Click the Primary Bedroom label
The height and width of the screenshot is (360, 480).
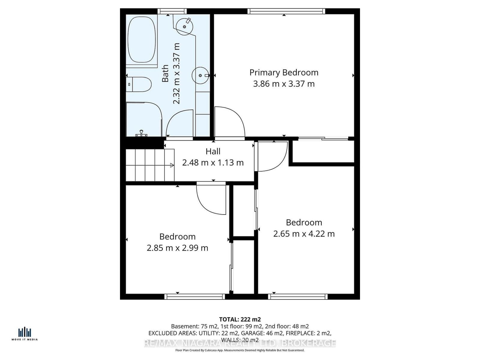coord(284,73)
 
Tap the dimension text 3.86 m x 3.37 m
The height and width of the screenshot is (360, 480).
coord(284,84)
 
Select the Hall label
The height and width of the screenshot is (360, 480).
coord(213,151)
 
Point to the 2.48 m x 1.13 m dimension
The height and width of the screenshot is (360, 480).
coord(213,163)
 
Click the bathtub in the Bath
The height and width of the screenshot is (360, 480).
coord(142,39)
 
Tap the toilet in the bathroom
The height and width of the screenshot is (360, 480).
coord(139,85)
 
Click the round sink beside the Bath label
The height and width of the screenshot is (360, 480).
coord(200,75)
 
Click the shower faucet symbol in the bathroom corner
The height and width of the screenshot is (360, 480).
coord(141,133)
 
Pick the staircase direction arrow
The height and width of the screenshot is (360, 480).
coord(172,165)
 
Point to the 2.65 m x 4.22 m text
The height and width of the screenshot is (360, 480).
coord(304,234)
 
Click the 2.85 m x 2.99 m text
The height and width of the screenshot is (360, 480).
coord(177,248)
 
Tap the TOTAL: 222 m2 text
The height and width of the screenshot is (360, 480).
coord(240,319)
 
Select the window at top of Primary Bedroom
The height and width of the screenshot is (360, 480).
coord(286,11)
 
